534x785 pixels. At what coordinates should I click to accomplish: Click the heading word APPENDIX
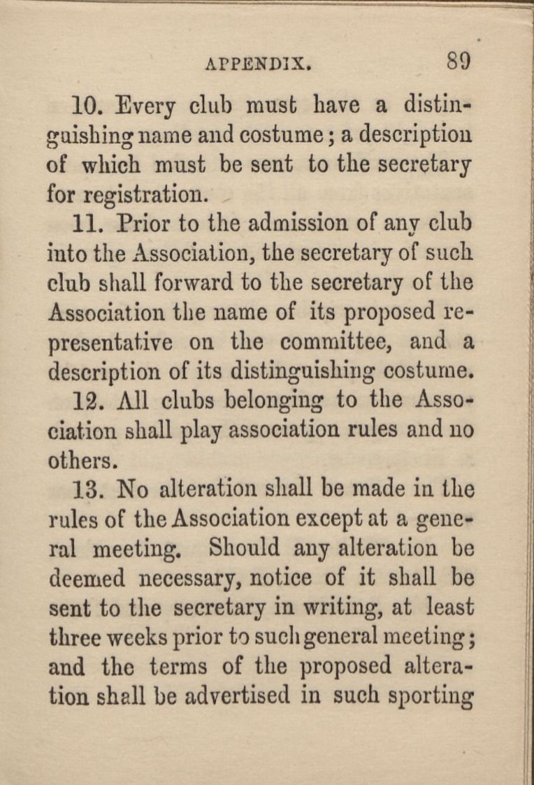(258, 64)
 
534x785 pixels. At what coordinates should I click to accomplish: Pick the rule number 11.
(88, 224)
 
